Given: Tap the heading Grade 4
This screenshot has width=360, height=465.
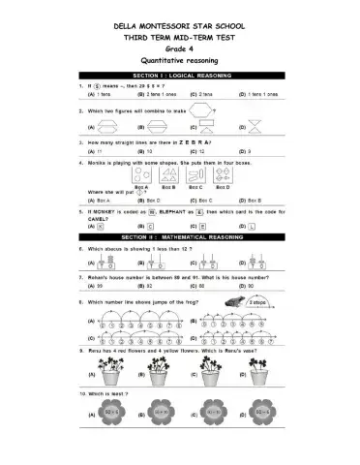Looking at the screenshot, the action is pyautogui.click(x=179, y=46).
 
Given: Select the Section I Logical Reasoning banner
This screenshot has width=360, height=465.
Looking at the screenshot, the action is pyautogui.click(x=180, y=76).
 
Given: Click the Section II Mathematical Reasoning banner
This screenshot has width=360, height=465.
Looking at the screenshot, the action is pyautogui.click(x=180, y=235).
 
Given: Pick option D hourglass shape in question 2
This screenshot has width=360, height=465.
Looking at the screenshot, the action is pyautogui.click(x=254, y=127).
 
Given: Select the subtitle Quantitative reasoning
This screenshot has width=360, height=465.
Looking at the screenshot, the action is pyautogui.click(x=179, y=59).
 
